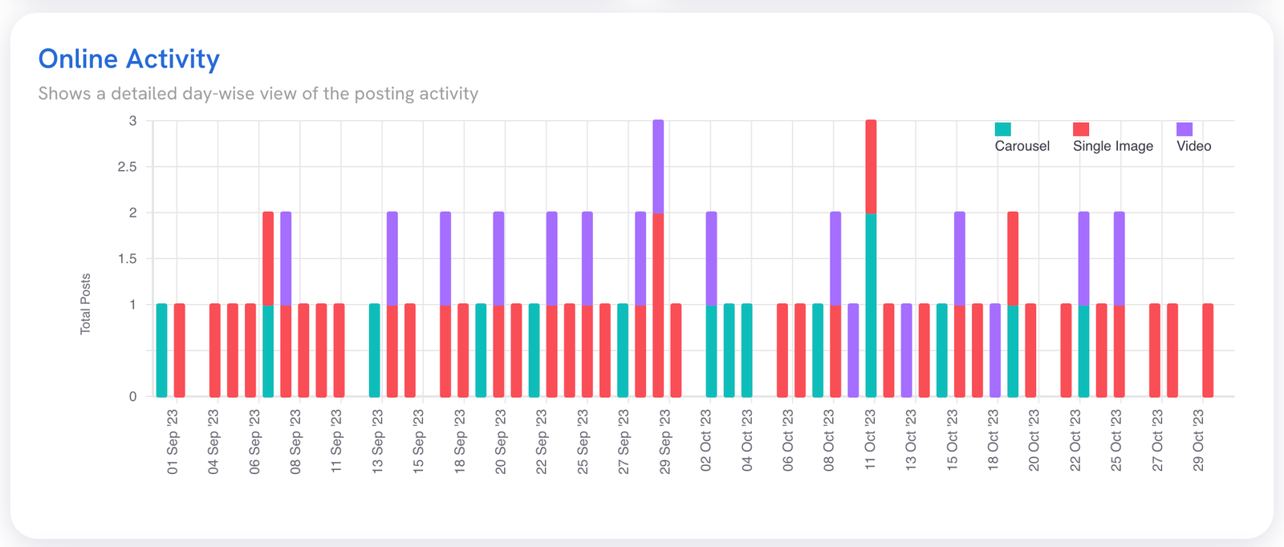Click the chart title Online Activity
coord(129,59)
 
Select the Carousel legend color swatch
coord(1002,129)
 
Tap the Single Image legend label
coord(1112,146)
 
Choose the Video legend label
coord(1193,146)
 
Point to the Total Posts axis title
coord(85,304)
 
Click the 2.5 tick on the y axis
coord(128,167)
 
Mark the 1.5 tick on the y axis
coord(128,259)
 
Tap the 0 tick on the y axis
coord(133,396)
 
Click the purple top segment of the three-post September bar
coord(658,167)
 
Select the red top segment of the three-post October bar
coord(871,167)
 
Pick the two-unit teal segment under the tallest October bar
coord(871,305)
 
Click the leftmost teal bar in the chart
coord(162,350)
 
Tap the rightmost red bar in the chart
coord(1208,350)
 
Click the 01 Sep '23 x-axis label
coord(173,442)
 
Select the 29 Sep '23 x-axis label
coord(664,442)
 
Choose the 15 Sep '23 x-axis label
coord(418,442)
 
